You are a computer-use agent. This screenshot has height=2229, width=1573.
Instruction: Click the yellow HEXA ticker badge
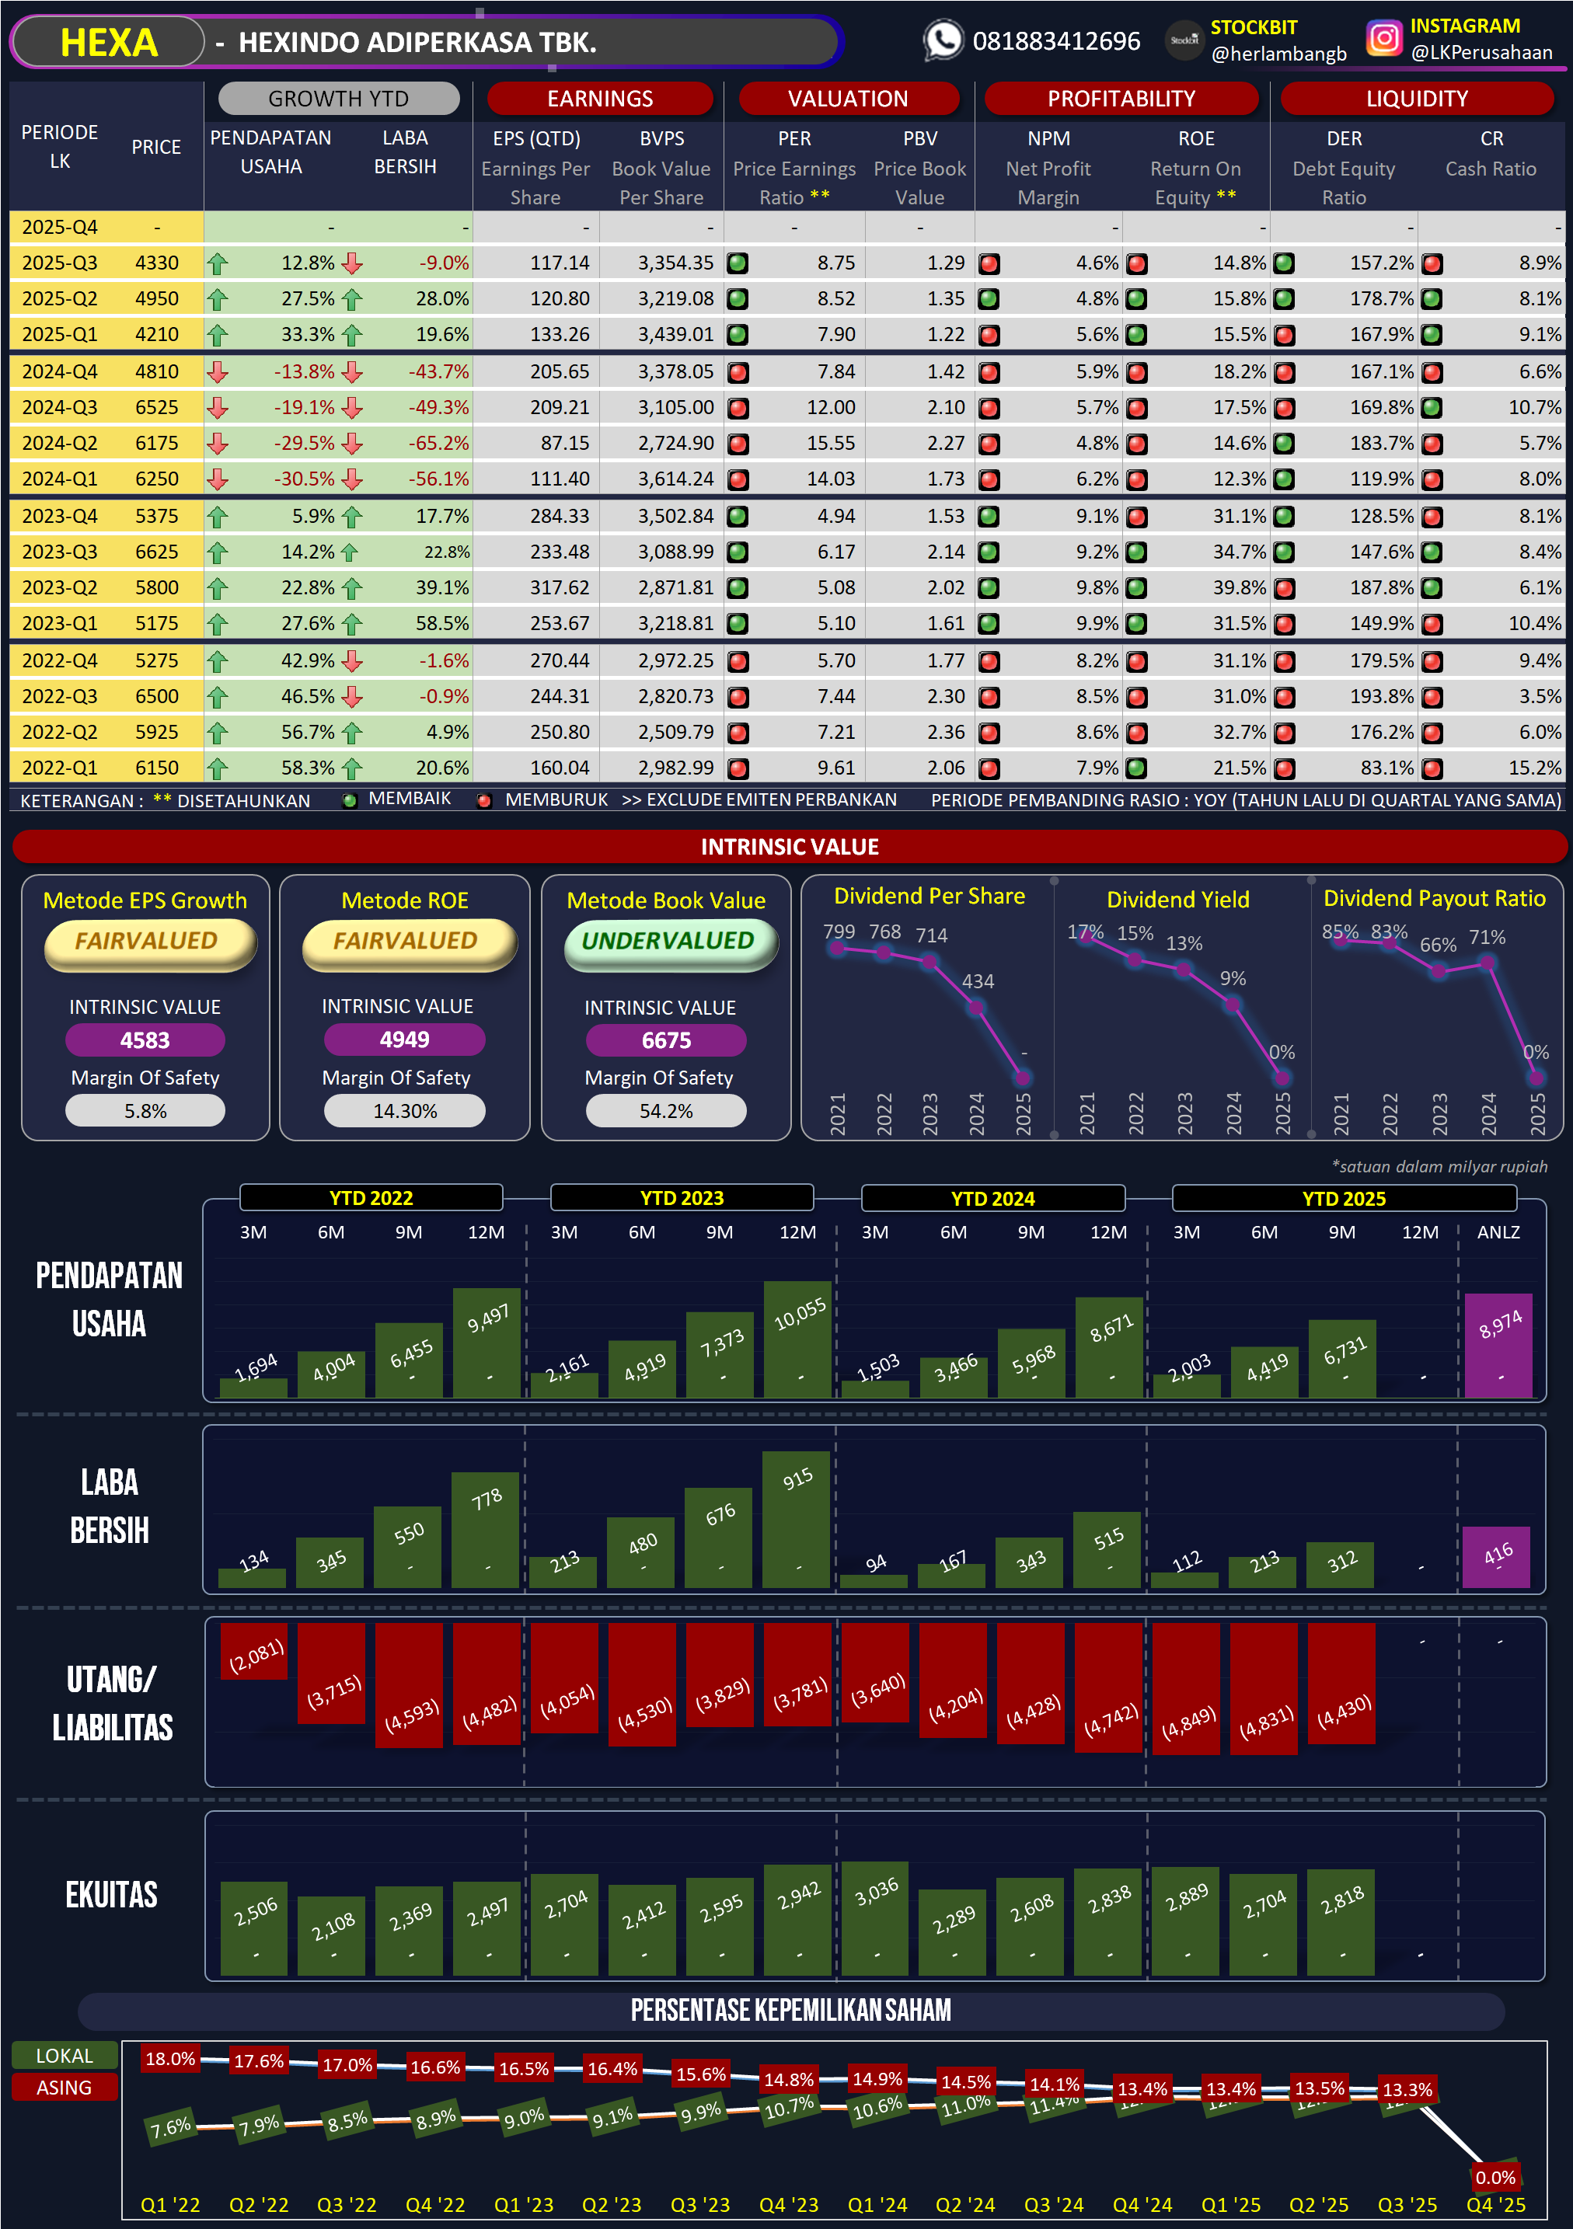click(108, 43)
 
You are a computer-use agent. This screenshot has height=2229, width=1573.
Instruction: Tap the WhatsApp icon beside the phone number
click(943, 40)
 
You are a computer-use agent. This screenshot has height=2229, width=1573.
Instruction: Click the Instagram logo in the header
click(1383, 39)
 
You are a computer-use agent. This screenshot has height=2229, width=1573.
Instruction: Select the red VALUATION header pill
click(848, 98)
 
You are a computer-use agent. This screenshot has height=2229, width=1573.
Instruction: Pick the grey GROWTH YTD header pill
click(338, 98)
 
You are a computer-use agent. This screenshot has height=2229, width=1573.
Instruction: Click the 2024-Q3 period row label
click(59, 408)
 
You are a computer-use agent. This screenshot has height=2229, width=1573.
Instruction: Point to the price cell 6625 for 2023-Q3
click(156, 552)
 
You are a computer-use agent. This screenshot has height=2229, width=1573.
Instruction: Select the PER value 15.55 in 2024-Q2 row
click(830, 444)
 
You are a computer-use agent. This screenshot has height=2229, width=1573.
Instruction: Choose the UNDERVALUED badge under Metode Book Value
click(668, 942)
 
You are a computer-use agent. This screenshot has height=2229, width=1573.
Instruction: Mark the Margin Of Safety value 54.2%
click(666, 1112)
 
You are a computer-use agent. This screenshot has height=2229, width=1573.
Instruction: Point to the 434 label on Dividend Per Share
click(978, 981)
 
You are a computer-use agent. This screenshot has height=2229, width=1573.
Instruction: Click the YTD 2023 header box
click(682, 1198)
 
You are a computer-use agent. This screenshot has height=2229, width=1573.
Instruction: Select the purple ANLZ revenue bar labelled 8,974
click(1499, 1346)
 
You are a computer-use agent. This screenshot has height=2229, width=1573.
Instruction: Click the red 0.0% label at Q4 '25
click(1495, 2178)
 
